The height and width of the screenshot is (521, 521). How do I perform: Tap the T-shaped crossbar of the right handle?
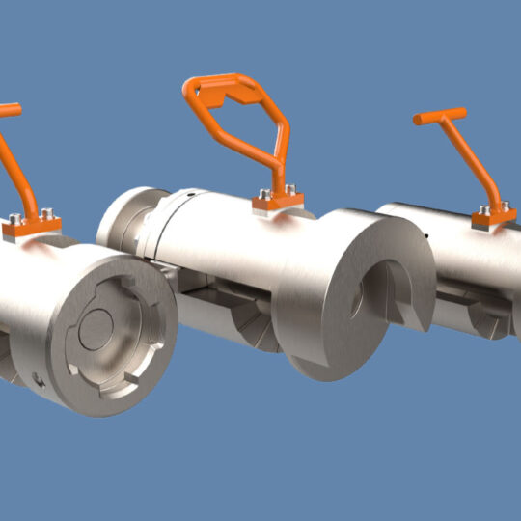[x=439, y=116]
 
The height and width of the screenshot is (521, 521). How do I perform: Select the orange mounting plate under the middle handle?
[x=279, y=202]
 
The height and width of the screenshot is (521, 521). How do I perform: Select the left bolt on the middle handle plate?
[x=265, y=193]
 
